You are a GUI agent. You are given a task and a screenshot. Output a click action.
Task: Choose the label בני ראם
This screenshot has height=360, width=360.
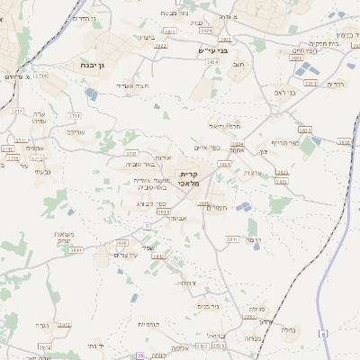click(285, 91)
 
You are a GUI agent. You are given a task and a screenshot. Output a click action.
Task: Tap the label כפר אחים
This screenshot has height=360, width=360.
click(206, 148)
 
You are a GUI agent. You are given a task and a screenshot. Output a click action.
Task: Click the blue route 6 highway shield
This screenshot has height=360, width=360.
click(322, 334)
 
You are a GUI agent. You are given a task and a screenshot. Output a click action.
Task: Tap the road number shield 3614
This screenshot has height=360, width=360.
click(344, 142)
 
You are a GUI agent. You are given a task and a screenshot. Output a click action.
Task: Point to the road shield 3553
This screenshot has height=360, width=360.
click(249, 317)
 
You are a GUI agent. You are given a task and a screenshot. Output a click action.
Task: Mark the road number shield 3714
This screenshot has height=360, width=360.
click(41, 76)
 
